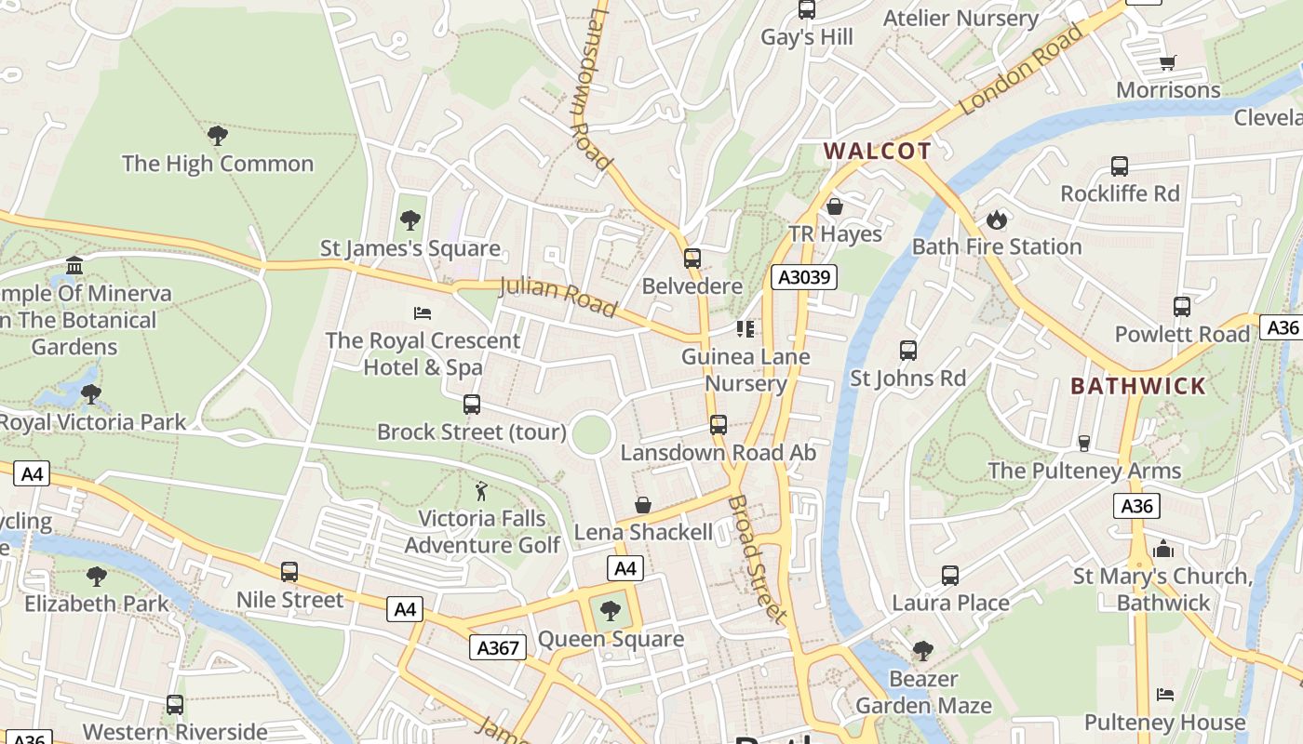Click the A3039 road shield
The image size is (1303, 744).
[804, 277]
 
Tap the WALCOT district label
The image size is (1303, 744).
[877, 152]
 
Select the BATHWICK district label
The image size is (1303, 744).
[1137, 386]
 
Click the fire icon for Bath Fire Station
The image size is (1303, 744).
[997, 220]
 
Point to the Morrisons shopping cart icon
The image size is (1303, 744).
[1168, 63]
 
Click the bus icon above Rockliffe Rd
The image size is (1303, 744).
[1120, 166]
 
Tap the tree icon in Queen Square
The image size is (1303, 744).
[611, 611]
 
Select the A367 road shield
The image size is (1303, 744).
[497, 647]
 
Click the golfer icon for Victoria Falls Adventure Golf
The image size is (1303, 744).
[481, 491]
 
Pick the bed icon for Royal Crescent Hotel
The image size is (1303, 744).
[423, 312]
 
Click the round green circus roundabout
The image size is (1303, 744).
[592, 434]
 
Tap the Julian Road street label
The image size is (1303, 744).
[558, 296]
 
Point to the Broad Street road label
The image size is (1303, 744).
[757, 558]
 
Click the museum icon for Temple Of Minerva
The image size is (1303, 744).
[74, 267]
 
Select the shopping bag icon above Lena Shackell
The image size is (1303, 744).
[643, 505]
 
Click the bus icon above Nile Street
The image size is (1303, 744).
[289, 572]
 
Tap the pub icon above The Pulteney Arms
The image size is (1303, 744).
[1084, 443]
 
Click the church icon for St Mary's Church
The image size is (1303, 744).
[1163, 549]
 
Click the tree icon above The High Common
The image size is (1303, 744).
[218, 136]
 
